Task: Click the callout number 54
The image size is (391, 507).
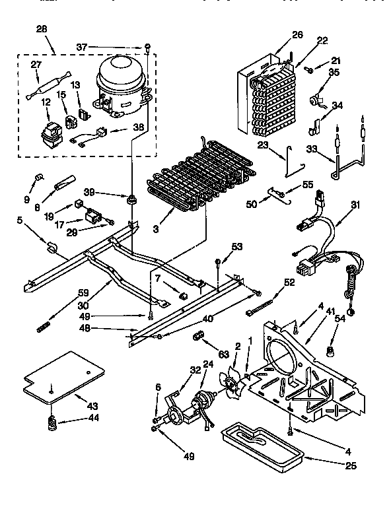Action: [359, 319]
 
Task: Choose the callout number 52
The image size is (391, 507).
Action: [289, 282]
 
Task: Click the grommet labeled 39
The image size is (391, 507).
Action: [133, 199]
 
